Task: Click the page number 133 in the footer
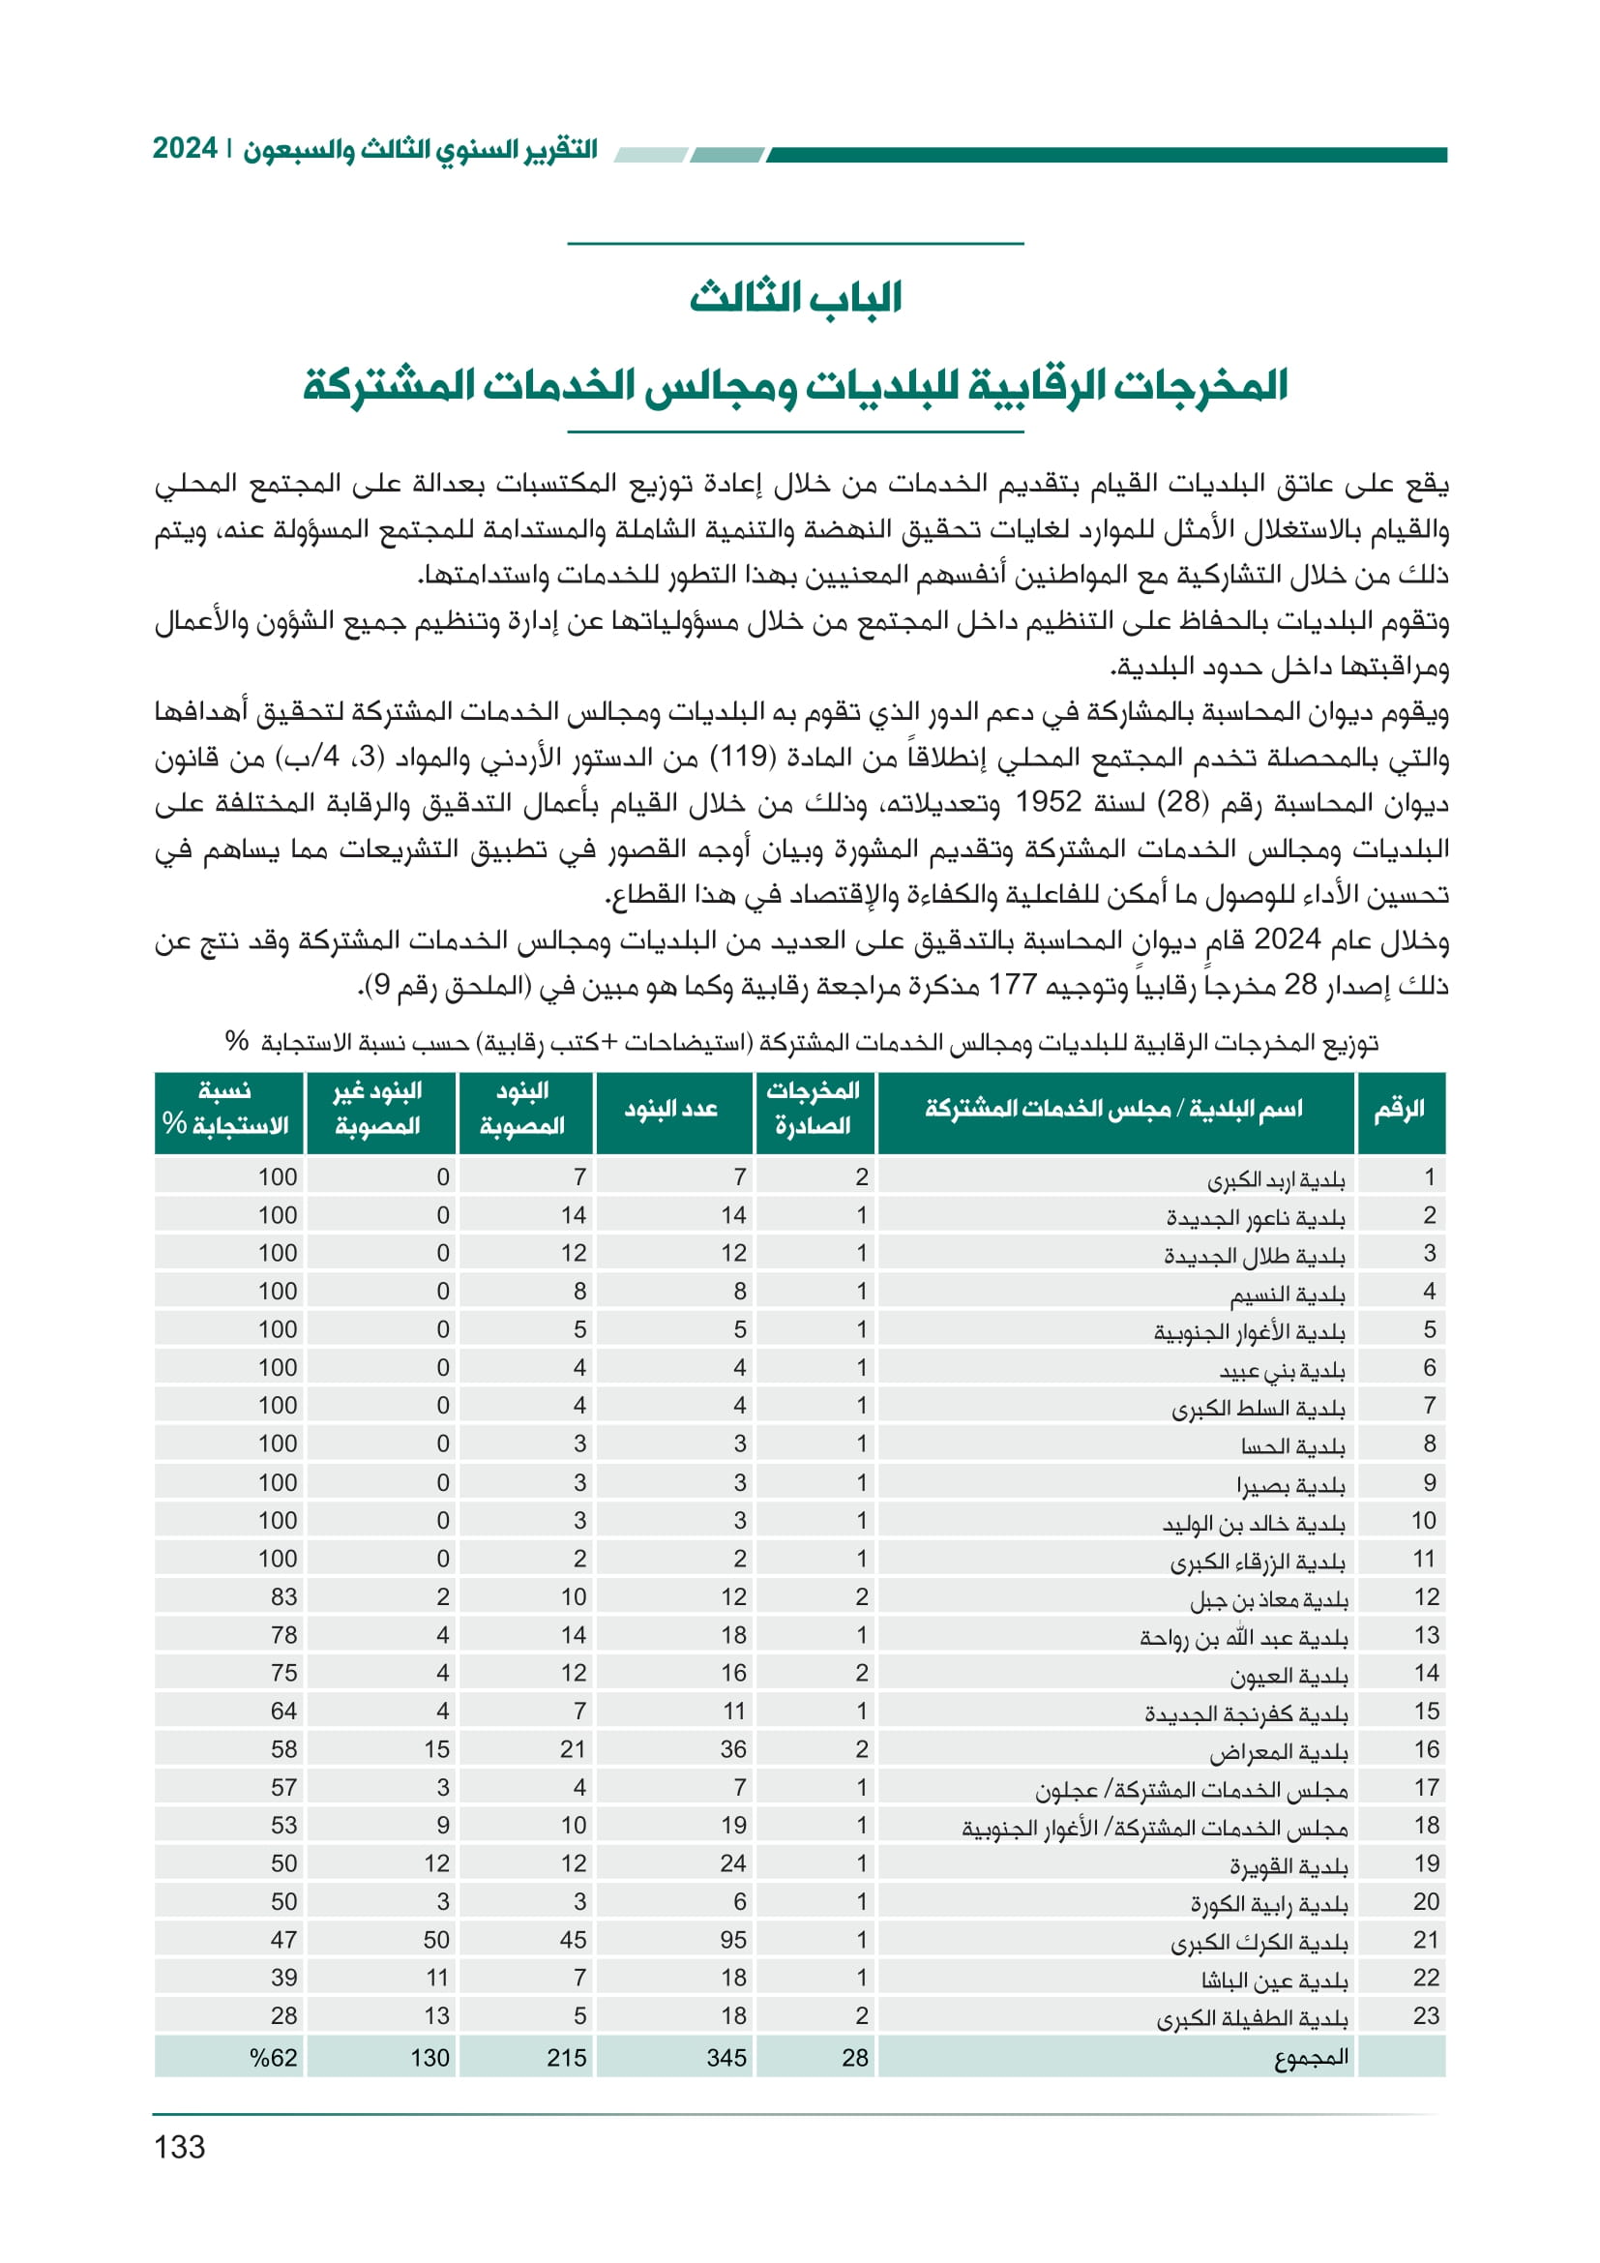[179, 2147]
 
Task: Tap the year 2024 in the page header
[184, 149]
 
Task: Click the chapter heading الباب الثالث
[795, 297]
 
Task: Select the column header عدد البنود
[671, 1109]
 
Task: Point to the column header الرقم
[1400, 1109]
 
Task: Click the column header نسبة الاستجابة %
[225, 1109]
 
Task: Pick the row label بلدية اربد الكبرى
[1276, 1178]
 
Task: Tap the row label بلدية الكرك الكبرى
[1259, 1942]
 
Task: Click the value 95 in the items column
[733, 1940]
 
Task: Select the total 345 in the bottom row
[727, 2058]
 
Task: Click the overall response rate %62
[273, 2058]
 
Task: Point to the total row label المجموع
[1312, 2058]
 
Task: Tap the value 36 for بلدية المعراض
[733, 1749]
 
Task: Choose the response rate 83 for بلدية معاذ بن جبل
[283, 1596]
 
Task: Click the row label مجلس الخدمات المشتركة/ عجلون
[1191, 1789]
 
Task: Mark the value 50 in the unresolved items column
[436, 1940]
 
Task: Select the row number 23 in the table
[1426, 2015]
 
